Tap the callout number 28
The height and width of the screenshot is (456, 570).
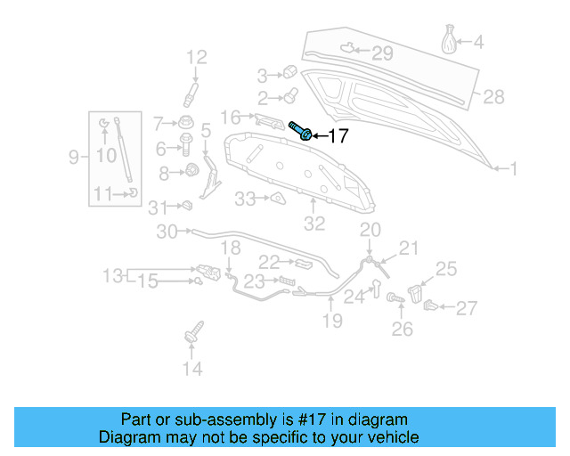pos(493,96)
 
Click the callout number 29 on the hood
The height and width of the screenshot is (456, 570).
pos(381,54)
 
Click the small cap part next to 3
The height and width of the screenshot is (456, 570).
pos(289,73)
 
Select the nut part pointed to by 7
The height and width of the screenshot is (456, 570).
pos(187,122)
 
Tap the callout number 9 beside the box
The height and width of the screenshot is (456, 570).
pos(74,158)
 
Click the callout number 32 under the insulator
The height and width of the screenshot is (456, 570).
pos(314,224)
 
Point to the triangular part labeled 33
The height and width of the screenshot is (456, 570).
pos(276,199)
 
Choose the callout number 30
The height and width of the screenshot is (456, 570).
pos(167,232)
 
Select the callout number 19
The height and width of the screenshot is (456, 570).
pos(331,321)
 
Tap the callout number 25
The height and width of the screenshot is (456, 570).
pos(445,268)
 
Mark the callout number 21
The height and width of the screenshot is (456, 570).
pos(407,248)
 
